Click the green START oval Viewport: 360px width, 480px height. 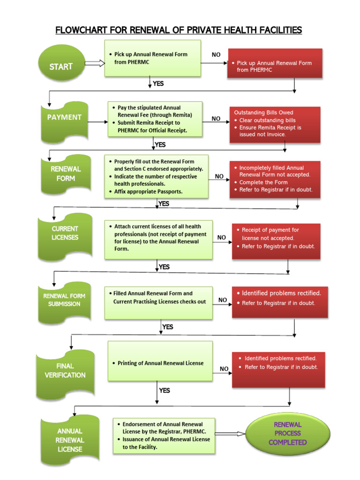coord(61,67)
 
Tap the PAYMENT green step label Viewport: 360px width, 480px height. coord(64,118)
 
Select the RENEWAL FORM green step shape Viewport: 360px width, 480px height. coord(66,174)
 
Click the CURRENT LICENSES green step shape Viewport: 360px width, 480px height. coord(65,233)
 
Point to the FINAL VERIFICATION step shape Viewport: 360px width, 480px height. coord(65,371)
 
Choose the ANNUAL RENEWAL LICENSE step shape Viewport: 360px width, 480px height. coord(70,440)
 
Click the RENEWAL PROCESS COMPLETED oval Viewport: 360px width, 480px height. coord(287,433)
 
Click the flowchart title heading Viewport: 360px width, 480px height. coord(179,30)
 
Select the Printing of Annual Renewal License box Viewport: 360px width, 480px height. coord(160,363)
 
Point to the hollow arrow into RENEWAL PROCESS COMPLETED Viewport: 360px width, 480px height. coord(231,434)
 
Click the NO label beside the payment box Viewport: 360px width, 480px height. coord(216,119)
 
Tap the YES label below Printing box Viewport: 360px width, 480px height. coord(165,390)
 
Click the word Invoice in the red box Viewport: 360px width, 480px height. coord(276,135)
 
